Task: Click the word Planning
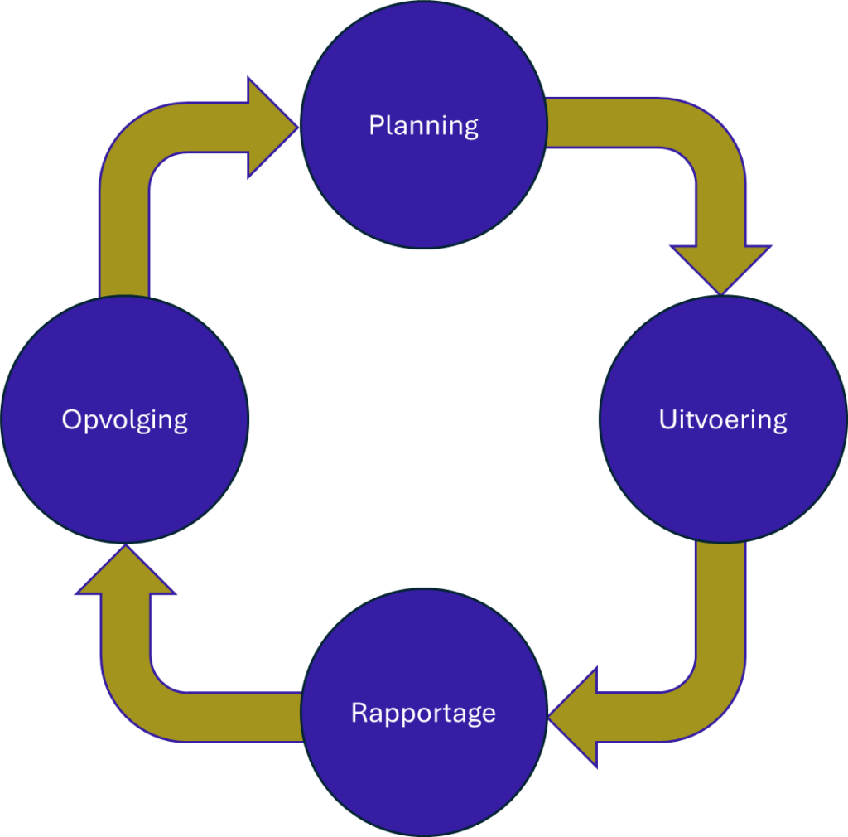423,126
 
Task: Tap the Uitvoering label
722,419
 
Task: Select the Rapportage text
423,713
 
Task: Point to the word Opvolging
124,419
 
